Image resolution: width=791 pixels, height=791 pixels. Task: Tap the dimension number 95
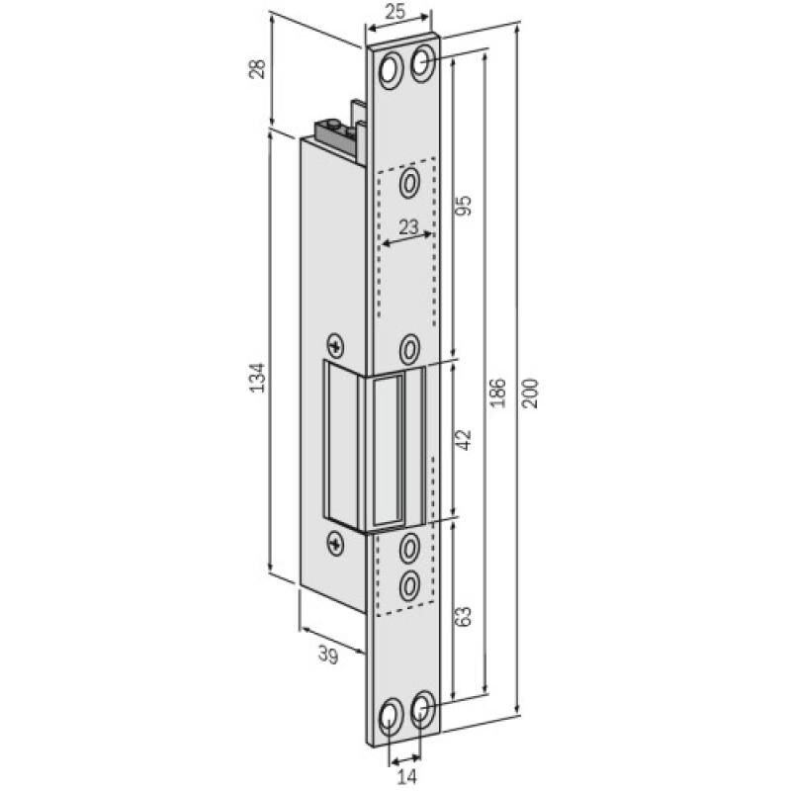tap(466, 206)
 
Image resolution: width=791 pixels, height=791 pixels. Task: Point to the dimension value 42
tap(466, 438)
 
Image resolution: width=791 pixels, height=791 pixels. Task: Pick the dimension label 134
tap(256, 377)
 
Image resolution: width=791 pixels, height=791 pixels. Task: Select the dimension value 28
tap(256, 70)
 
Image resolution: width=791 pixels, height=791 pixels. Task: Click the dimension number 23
tap(406, 227)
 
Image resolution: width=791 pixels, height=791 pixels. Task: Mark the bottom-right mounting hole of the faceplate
tap(423, 708)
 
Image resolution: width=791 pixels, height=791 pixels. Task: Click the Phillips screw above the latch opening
tap(336, 346)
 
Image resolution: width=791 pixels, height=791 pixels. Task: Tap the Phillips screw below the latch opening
tap(336, 541)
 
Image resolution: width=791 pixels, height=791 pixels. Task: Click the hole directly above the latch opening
tap(410, 347)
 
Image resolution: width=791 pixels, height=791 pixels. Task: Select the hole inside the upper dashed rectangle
tap(410, 182)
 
